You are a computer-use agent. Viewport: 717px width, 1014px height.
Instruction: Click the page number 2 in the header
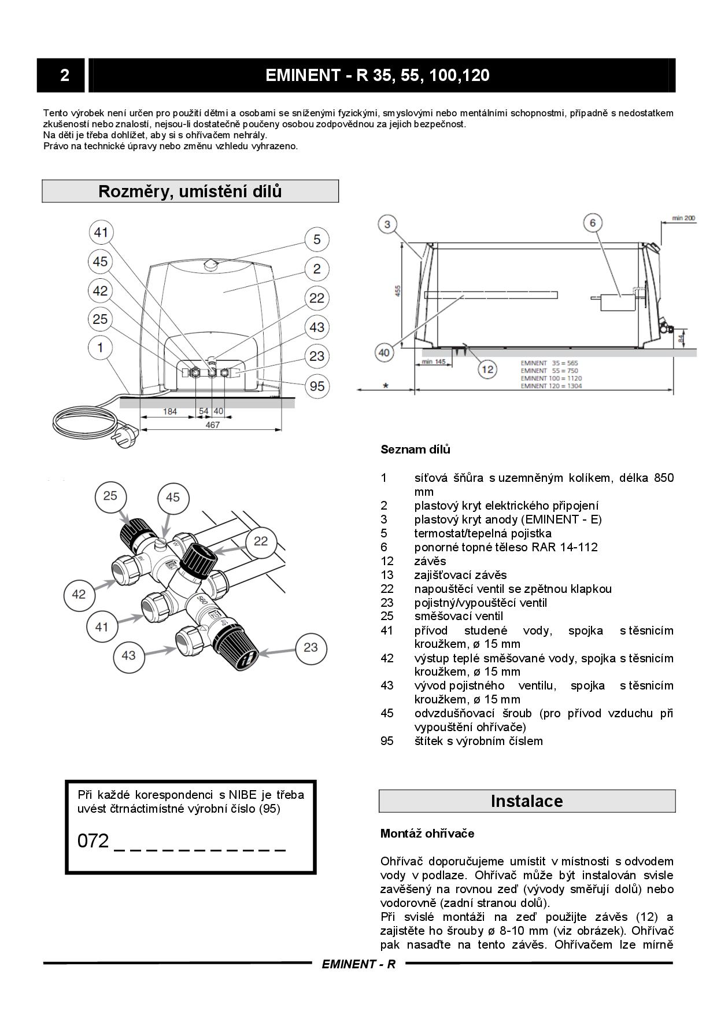pyautogui.click(x=64, y=75)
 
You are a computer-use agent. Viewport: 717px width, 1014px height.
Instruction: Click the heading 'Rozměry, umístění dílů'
pyautogui.click(x=190, y=191)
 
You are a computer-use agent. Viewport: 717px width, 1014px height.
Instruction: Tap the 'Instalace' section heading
pyautogui.click(x=526, y=801)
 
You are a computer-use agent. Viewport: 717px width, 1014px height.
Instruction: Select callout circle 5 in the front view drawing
pyautogui.click(x=317, y=239)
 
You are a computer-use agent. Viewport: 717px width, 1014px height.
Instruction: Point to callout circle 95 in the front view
pyautogui.click(x=317, y=385)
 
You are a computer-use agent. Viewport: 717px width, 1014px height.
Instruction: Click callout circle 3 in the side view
pyautogui.click(x=388, y=224)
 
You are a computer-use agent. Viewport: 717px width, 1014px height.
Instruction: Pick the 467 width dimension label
pyautogui.click(x=213, y=425)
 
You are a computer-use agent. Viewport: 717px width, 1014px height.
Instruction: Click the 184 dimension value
pyautogui.click(x=170, y=411)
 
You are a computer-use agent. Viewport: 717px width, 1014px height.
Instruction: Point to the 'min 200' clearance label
pyautogui.click(x=683, y=219)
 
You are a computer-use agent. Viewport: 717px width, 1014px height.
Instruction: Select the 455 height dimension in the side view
pyautogui.click(x=398, y=292)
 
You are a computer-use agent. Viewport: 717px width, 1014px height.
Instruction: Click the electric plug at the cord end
pyautogui.click(x=128, y=432)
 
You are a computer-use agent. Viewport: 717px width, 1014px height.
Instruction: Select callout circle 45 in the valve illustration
pyautogui.click(x=173, y=497)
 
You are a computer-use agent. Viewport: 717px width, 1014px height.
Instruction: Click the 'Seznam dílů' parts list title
pyautogui.click(x=415, y=449)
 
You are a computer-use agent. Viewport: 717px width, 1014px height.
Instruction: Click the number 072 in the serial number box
pyautogui.click(x=93, y=841)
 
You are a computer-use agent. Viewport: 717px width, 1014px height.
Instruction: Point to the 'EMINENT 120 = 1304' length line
pyautogui.click(x=550, y=386)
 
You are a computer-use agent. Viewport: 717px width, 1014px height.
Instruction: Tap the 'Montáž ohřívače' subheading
pyautogui.click(x=427, y=834)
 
